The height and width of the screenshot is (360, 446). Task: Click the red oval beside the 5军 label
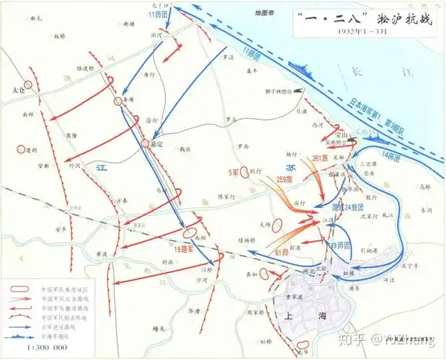coord(253,172)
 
